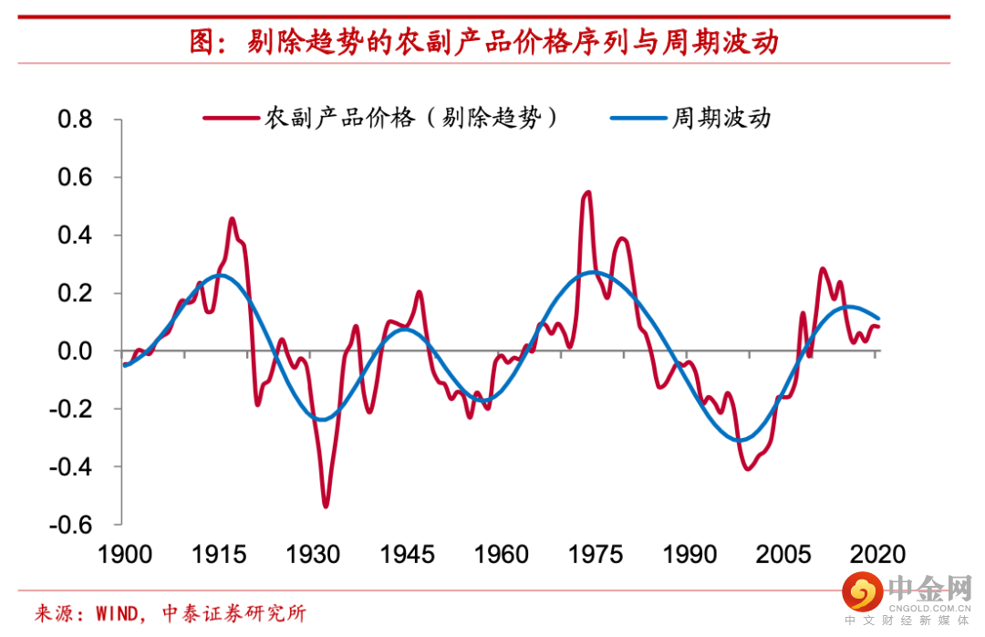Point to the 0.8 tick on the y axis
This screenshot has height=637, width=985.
[75, 120]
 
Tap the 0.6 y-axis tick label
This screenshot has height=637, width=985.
[75, 177]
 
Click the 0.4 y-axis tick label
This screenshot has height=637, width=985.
[75, 235]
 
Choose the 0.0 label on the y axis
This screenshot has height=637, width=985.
[75, 351]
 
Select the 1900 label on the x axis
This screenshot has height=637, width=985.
[124, 555]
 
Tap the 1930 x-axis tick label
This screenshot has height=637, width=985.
[313, 555]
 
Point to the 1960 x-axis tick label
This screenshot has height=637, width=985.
[501, 555]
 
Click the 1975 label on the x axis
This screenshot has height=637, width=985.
[596, 555]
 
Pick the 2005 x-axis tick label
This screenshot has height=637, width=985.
[783, 555]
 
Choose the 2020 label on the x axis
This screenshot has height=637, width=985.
[877, 555]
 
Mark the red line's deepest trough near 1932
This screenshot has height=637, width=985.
[326, 505]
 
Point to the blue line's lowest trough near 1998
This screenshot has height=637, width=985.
[740, 440]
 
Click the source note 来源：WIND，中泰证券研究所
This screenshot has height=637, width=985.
[170, 613]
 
